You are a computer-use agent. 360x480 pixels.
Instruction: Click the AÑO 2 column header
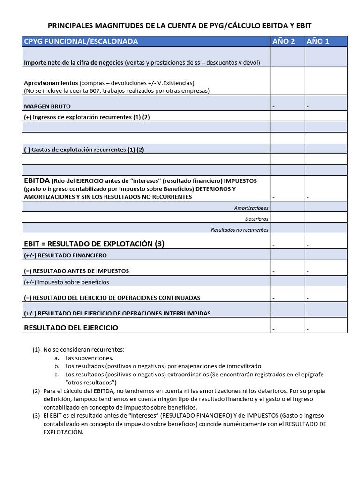284,41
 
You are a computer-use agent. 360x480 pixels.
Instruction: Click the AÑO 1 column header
318,41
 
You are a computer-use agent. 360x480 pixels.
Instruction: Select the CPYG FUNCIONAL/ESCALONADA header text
81,41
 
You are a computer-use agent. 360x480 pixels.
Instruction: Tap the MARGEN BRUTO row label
47,106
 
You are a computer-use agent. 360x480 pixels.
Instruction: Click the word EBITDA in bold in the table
37,180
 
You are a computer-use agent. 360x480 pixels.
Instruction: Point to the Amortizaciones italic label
251,208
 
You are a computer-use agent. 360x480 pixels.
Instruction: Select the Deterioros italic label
256,219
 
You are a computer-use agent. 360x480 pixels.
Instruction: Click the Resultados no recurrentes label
240,230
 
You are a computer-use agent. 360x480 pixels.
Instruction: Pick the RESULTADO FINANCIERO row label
65,255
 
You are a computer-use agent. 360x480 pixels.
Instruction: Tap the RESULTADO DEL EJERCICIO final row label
71,327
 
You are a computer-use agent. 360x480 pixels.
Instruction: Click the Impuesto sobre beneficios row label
66,282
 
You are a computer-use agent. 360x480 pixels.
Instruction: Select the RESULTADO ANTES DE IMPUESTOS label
76,271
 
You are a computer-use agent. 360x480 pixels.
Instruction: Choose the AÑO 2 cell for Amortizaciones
287,207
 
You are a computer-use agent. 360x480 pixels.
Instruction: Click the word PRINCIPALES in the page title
70,25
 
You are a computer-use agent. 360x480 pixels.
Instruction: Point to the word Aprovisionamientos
51,83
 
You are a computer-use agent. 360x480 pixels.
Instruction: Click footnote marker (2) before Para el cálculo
36,391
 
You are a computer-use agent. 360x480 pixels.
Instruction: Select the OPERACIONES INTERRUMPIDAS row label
117,313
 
